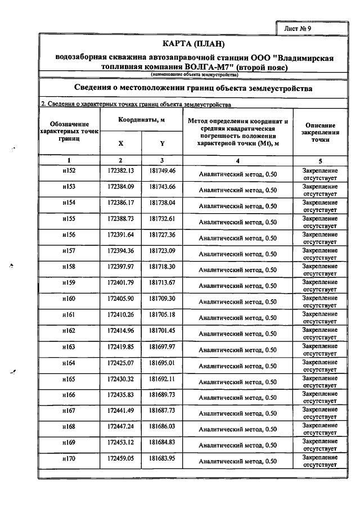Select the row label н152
[x=69, y=171]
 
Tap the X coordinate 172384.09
[x=121, y=187]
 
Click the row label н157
[x=69, y=250]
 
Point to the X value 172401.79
[x=121, y=282]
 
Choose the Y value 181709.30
[x=163, y=298]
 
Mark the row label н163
[x=69, y=346]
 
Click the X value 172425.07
[x=121, y=363]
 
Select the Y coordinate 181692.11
[x=163, y=379]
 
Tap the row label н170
[x=69, y=459]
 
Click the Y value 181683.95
[x=163, y=459]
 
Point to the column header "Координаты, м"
[x=141, y=120]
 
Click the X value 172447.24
[x=121, y=427]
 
